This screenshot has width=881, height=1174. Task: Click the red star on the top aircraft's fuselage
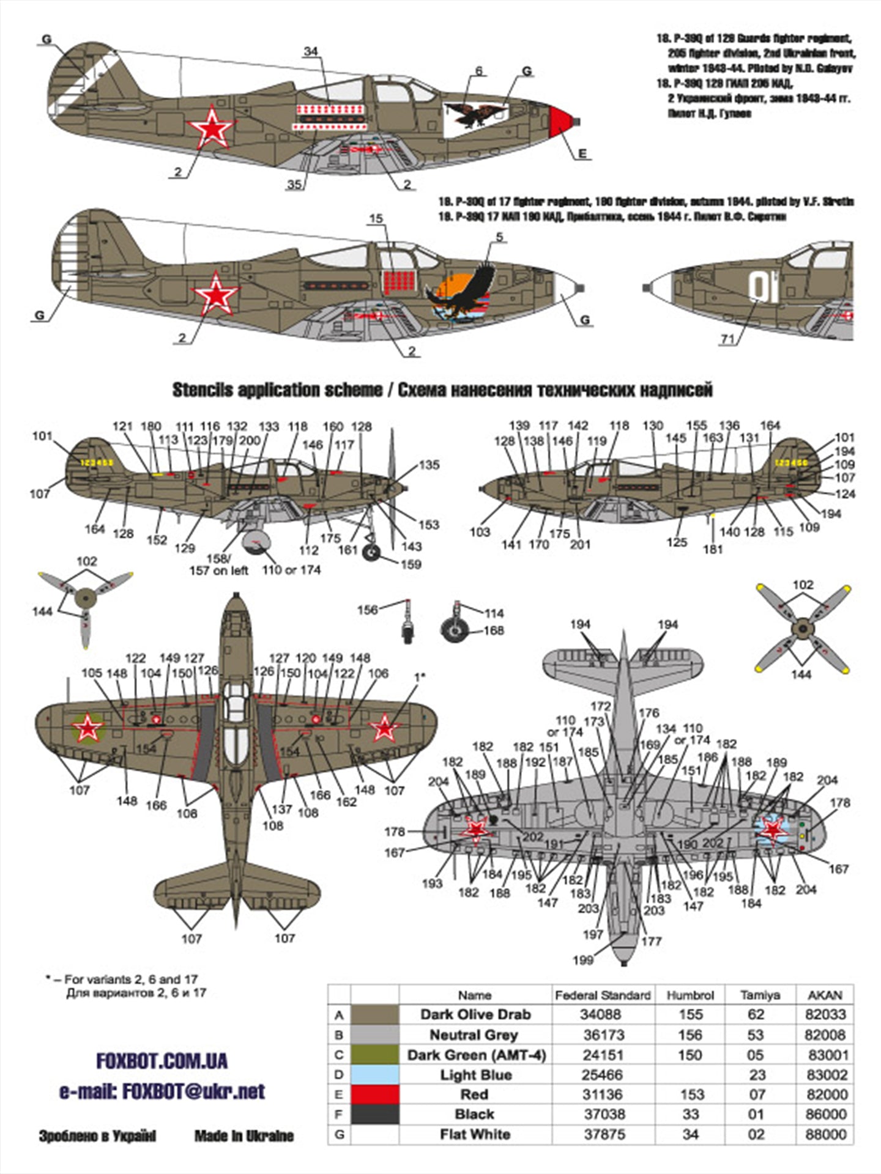click(212, 127)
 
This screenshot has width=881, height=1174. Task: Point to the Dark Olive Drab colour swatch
click(375, 1014)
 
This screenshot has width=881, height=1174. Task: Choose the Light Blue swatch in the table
click(375, 1074)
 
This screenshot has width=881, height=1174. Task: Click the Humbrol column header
click(690, 995)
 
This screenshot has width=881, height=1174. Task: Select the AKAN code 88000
click(825, 1134)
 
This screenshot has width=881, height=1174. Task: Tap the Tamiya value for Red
click(756, 1095)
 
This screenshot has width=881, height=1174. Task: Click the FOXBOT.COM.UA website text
click(162, 1061)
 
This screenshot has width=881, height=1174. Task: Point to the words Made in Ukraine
click(243, 1136)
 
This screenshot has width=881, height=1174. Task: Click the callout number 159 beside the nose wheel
click(411, 564)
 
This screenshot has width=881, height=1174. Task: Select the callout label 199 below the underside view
click(582, 959)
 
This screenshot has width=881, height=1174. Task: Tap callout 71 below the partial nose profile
click(727, 339)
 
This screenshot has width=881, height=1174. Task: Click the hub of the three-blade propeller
click(86, 597)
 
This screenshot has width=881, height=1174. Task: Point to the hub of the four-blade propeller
click(803, 627)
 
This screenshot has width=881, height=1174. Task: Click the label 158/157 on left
click(219, 564)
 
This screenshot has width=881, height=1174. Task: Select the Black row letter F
click(339, 1114)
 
